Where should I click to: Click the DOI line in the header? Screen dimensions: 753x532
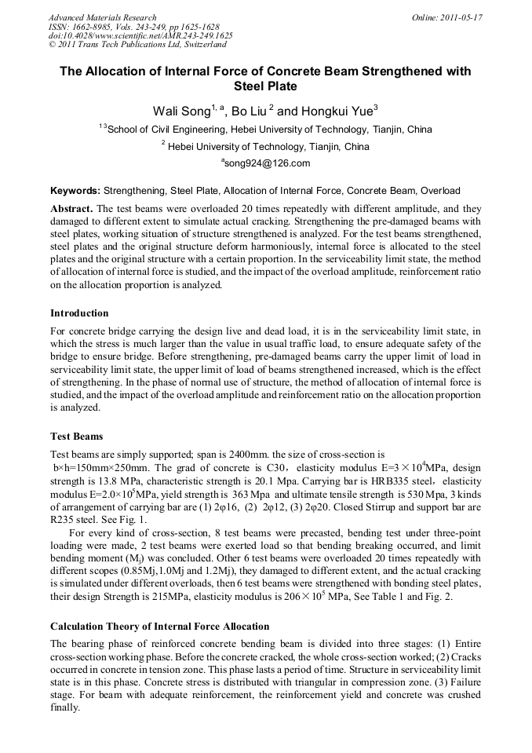pyautogui.click(x=140, y=36)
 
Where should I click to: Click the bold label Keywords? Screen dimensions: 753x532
pyautogui.click(x=75, y=191)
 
